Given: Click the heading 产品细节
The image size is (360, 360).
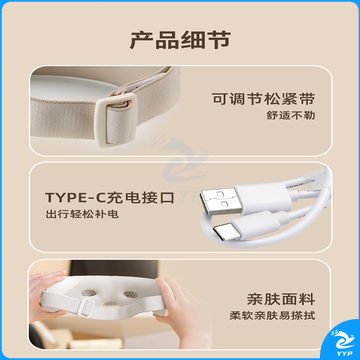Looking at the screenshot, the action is tap(180, 40).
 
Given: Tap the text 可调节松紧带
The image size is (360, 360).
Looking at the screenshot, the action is tap(263, 99).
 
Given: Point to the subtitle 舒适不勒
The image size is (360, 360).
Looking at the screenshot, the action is tap(291, 115).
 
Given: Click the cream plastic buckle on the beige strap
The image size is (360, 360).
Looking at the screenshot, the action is tap(115, 119).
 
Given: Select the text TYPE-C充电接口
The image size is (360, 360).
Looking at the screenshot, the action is tap(110, 198).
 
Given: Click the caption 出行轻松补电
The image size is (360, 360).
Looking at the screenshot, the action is tap(82, 214).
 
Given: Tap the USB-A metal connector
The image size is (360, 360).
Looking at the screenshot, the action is tap(221, 201).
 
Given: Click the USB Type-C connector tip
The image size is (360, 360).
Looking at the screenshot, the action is tap(227, 231).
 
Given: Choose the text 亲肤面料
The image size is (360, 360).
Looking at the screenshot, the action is tap(281, 299).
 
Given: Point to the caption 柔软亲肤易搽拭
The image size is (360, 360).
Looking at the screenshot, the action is tap(272, 316).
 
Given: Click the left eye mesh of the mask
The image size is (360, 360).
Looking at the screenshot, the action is tap(88, 293).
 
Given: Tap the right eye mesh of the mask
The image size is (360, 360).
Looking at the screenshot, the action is tap(130, 294).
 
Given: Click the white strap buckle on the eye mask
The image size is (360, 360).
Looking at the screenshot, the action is tap(87, 306).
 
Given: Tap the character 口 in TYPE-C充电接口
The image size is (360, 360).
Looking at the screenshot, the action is tap(167, 198).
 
